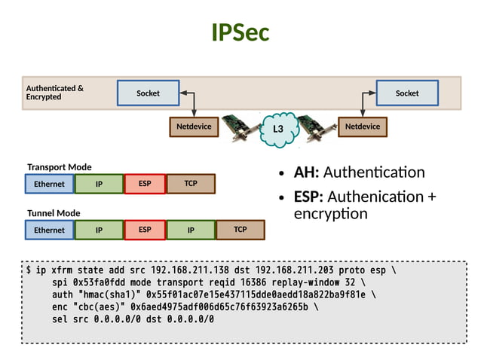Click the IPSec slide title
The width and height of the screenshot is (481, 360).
240,32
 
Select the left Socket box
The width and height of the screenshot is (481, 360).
148,93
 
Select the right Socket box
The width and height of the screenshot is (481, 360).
407,93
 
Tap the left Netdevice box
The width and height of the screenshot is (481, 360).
194,127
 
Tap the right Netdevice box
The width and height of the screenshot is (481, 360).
362,127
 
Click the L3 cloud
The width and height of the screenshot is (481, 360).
277,129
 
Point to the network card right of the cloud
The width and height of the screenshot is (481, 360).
315,129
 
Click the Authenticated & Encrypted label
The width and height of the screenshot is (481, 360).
55,93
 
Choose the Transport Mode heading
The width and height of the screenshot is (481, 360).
60,167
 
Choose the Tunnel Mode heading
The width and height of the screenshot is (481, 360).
54,213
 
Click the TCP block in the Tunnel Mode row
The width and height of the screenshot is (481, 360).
240,230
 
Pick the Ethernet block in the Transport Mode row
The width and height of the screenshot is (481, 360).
49,184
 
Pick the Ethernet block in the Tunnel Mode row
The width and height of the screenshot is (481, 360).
49,230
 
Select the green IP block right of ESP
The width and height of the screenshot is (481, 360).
191,230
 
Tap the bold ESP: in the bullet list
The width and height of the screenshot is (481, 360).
308,197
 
